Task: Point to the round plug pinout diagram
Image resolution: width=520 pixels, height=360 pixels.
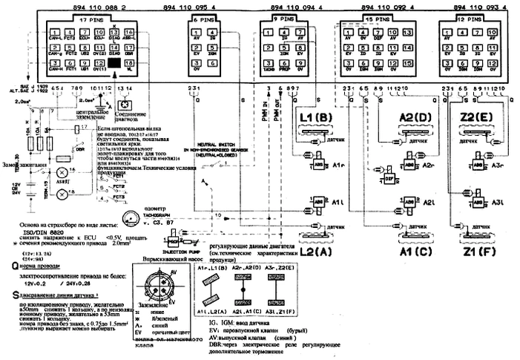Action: pyautogui.click(x=160, y=285)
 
